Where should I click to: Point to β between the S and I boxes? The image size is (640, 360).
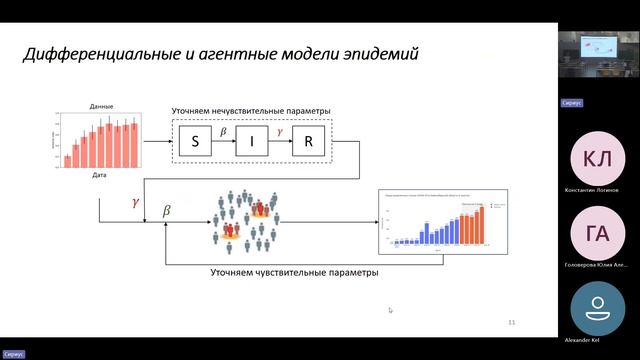[223, 132]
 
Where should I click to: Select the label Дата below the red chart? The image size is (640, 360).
[100, 175]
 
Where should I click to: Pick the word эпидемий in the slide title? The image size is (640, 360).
[375, 53]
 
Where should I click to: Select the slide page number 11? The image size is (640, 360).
[512, 322]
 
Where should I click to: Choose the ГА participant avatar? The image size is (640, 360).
[598, 234]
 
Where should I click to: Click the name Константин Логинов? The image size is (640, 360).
[598, 190]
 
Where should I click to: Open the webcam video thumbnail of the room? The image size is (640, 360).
[598, 55]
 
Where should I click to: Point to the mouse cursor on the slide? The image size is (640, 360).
[390, 310]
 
